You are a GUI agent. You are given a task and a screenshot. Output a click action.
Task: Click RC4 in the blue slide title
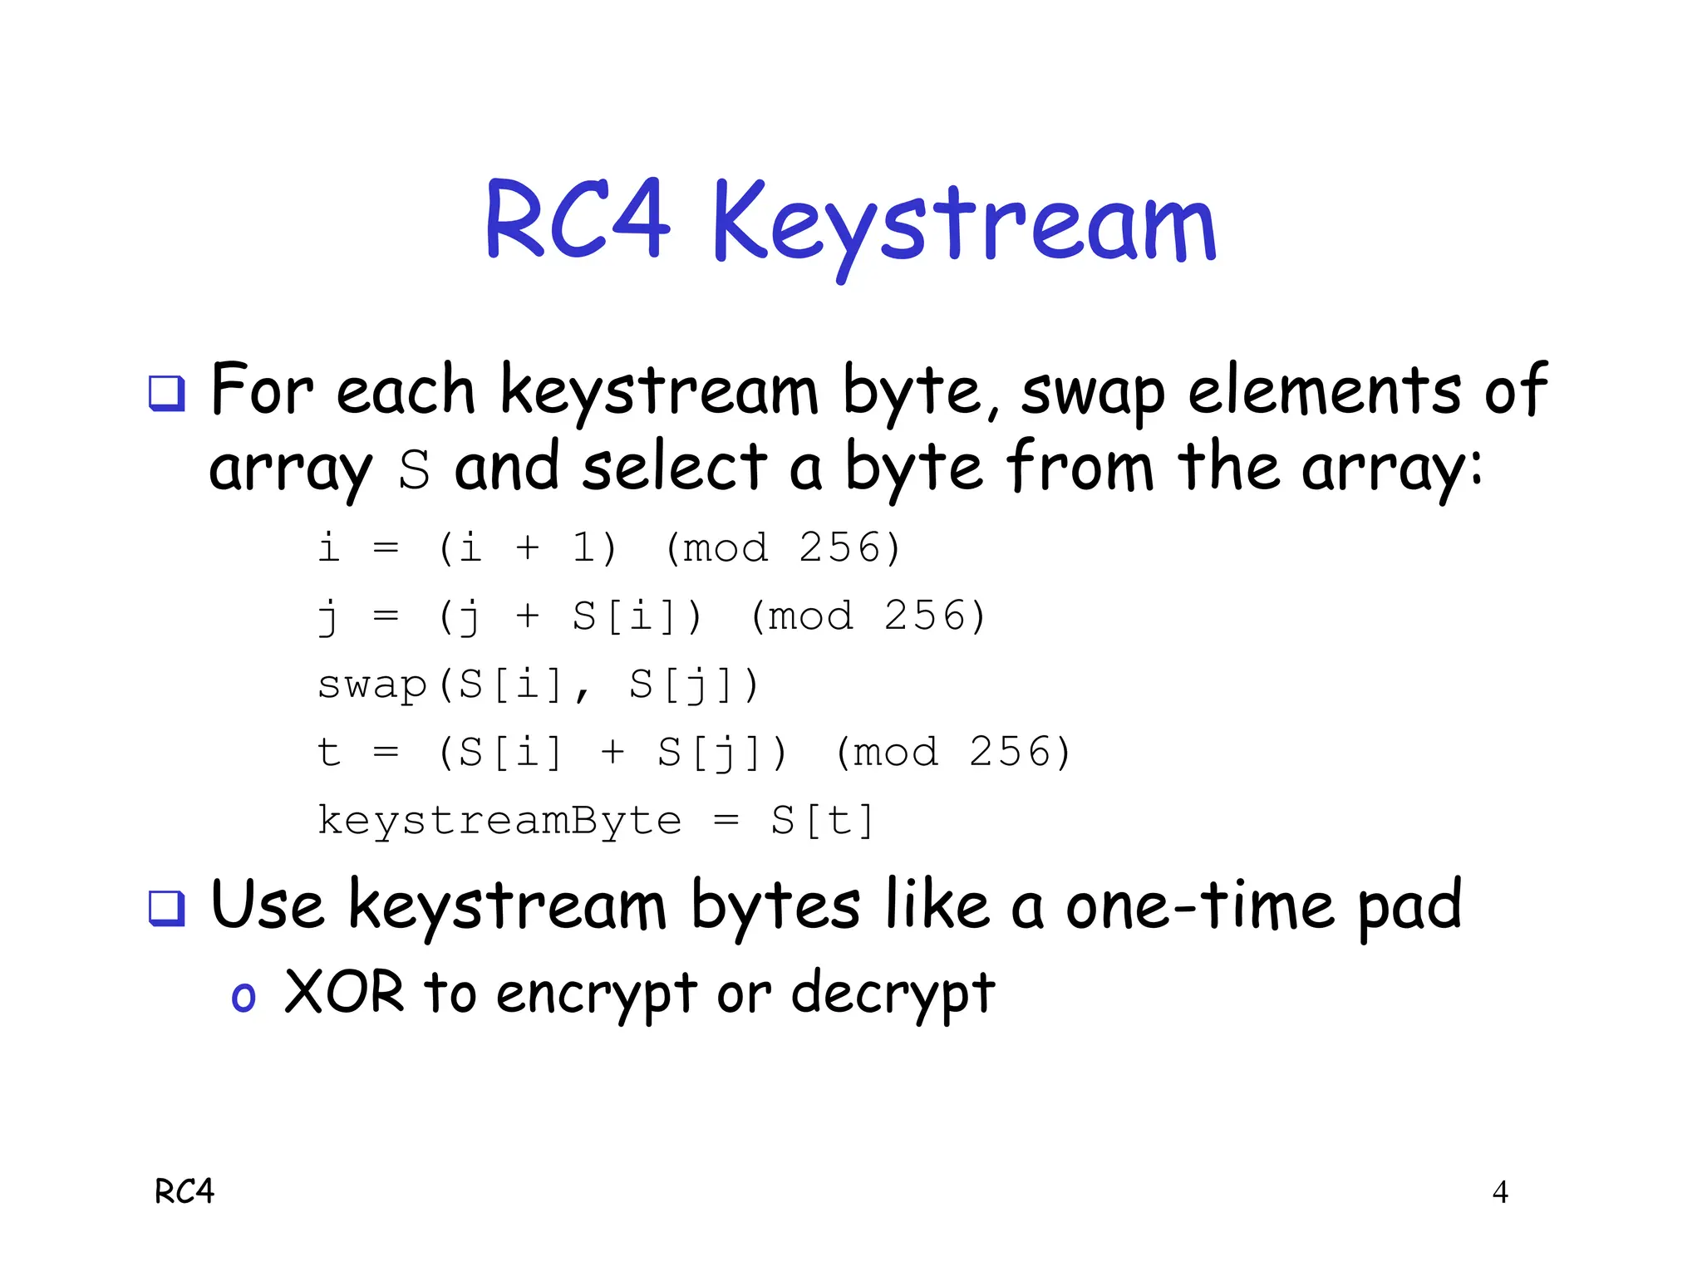[x=577, y=220]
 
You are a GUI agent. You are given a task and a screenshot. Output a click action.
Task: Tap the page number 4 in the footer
[x=1500, y=1192]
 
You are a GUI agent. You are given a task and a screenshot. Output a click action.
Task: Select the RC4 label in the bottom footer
[x=184, y=1192]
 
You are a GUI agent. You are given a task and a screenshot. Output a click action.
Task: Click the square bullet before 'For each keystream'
[x=166, y=393]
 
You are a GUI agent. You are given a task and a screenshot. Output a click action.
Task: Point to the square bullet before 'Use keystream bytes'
[x=166, y=908]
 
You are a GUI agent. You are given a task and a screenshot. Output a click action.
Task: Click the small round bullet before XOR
[x=243, y=997]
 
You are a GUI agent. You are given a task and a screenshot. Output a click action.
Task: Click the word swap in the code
[x=371, y=685]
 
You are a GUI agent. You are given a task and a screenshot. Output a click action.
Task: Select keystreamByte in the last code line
[x=499, y=821]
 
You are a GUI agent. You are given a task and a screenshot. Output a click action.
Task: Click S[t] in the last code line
[x=822, y=821]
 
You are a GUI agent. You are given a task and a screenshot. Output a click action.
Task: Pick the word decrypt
[x=893, y=994]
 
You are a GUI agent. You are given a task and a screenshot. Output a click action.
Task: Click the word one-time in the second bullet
[x=1200, y=905]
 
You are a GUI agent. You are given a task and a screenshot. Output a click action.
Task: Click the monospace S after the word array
[x=414, y=470]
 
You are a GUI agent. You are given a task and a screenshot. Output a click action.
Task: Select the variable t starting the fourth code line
[x=329, y=753]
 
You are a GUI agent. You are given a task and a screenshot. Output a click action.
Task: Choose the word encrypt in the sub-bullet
[x=596, y=994]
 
